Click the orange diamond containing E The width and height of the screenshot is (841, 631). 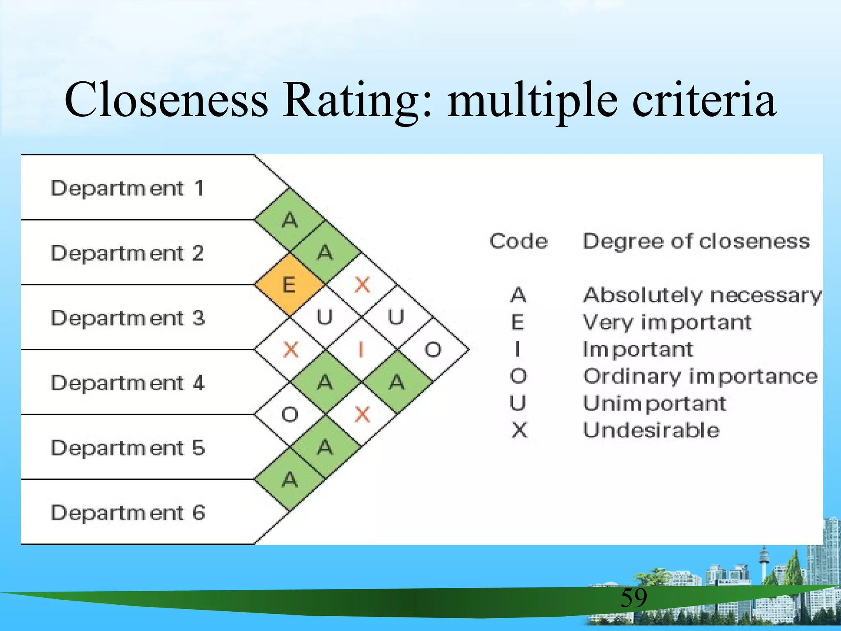point(290,285)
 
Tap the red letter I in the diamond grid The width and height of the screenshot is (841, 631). point(361,350)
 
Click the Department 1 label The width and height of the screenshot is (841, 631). point(127,189)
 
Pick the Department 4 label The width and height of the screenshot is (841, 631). point(127,383)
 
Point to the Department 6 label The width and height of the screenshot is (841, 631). point(127,513)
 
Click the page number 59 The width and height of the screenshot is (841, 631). point(634,597)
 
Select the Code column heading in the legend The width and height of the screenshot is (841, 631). point(519,241)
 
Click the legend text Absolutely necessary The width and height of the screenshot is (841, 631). point(702,295)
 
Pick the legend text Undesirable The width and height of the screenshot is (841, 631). point(651,431)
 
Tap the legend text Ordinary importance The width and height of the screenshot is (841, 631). point(701,377)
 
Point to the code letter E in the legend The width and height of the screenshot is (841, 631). point(518,322)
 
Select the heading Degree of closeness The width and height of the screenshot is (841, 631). point(696,241)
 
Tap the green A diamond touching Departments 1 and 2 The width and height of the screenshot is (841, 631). point(290,220)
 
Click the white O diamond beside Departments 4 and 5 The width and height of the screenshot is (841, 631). point(290,415)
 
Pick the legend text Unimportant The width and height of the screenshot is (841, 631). point(655,403)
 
